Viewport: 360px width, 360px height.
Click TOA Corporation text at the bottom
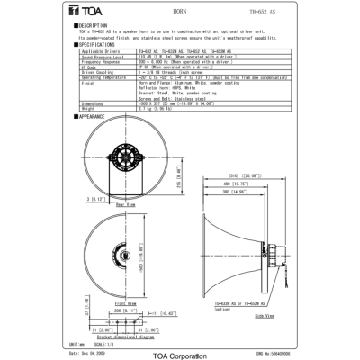coord(179,353)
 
